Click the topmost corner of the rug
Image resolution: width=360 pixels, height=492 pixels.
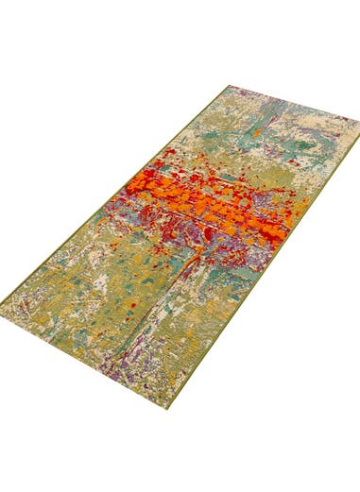pyautogui.click(x=229, y=86)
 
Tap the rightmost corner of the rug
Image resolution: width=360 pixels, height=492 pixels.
pyautogui.click(x=358, y=122)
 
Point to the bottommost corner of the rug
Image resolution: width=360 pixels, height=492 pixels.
pyautogui.click(x=169, y=407)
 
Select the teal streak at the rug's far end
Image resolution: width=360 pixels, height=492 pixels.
pyautogui.click(x=283, y=142)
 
